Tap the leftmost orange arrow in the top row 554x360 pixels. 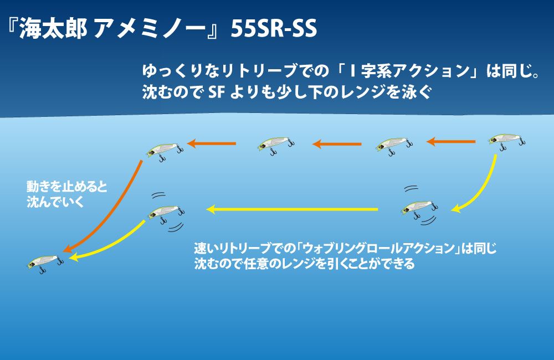212,144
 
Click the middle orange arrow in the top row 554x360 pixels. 337,145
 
